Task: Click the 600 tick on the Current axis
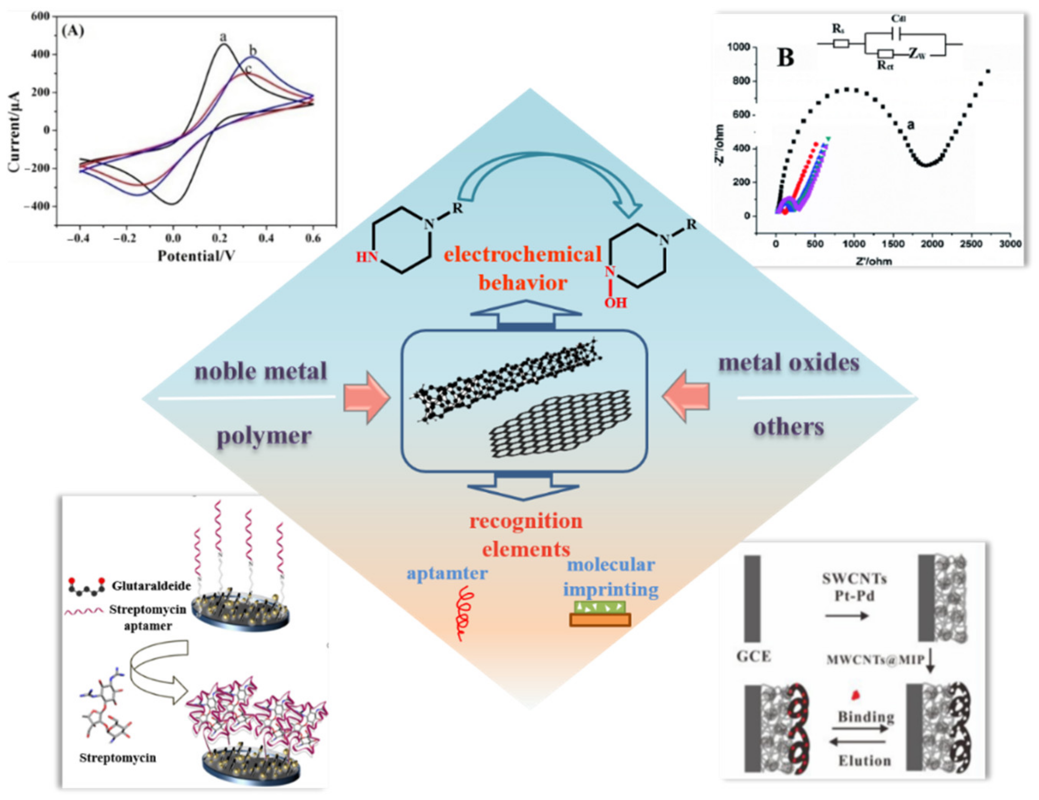click(40, 17)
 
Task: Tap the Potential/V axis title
click(196, 256)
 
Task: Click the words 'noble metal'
click(261, 371)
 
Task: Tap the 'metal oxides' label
click(789, 363)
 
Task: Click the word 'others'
click(788, 427)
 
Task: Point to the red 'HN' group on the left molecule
click(367, 258)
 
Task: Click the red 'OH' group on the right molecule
click(615, 302)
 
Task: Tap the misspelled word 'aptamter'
click(447, 573)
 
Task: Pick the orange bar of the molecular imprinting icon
click(600, 620)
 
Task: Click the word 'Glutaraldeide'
click(151, 586)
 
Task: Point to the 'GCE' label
click(754, 656)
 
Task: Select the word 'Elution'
click(864, 760)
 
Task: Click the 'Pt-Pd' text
click(854, 595)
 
